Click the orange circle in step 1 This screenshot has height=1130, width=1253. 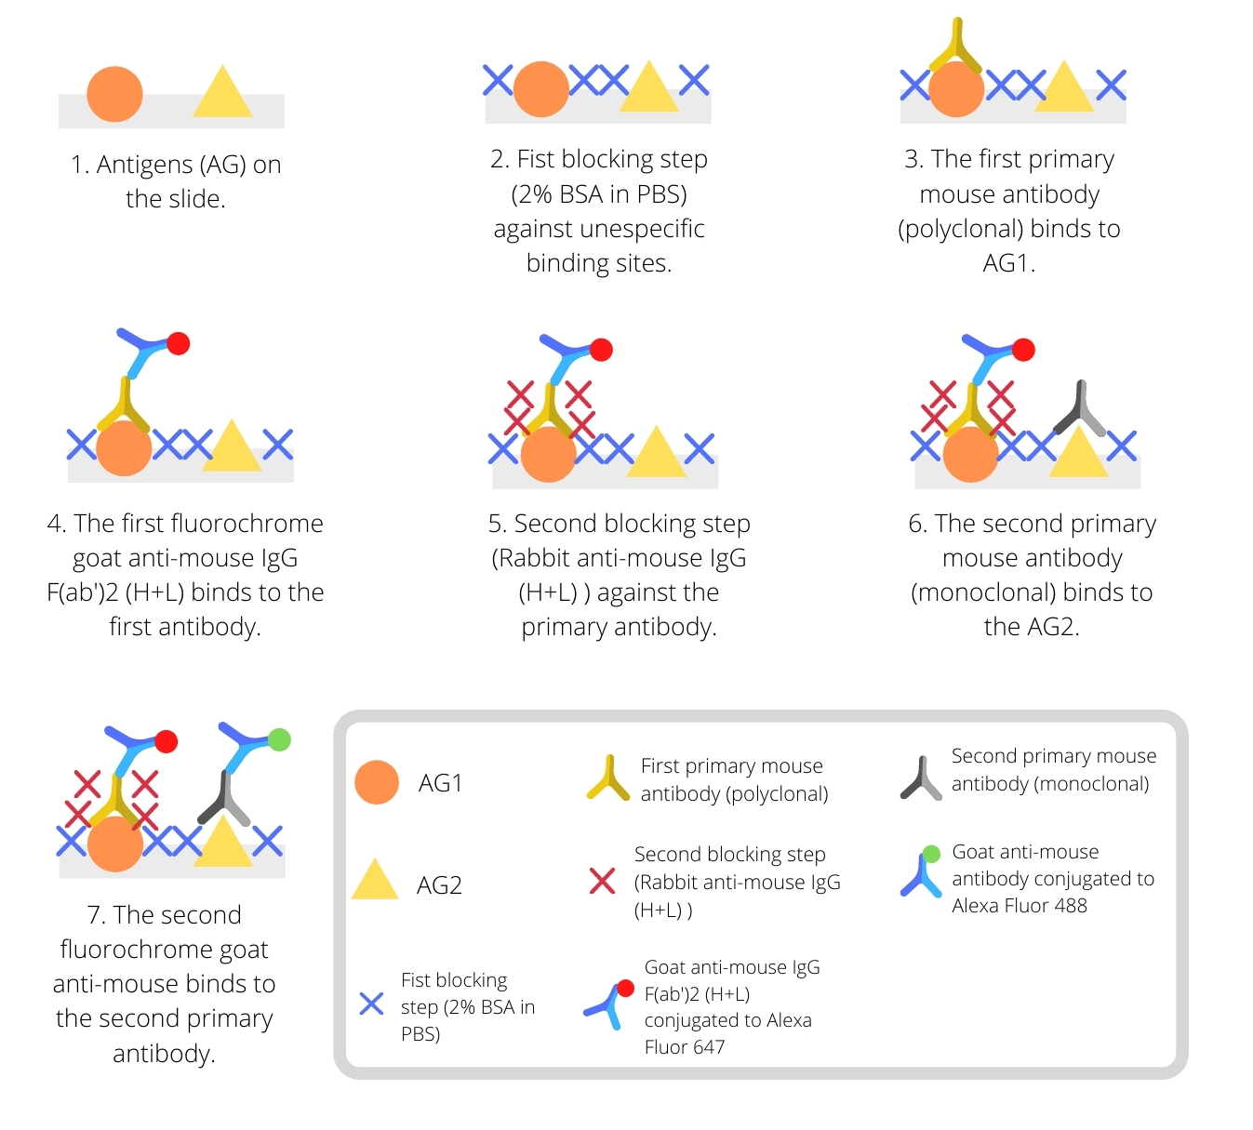pos(114,94)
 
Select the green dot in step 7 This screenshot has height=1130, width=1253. pos(279,739)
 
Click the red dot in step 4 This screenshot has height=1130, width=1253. pos(179,343)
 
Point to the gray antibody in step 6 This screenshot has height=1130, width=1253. pos(1079,410)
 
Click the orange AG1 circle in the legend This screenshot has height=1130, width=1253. pos(377,782)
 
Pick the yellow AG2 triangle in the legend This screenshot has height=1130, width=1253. pos(375,882)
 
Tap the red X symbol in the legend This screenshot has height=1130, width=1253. pos(602,880)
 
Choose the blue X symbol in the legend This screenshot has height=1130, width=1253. pos(371,1004)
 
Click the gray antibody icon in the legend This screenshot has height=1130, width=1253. pos(921,779)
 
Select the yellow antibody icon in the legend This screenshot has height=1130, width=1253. pos(608,779)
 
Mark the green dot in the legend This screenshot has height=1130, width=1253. pos(931,854)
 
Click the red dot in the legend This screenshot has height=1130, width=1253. pos(626,988)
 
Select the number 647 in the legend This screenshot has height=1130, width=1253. pos(708,1047)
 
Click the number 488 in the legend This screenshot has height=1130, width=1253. pos(1070,906)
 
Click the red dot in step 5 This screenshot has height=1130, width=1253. pos(601,350)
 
